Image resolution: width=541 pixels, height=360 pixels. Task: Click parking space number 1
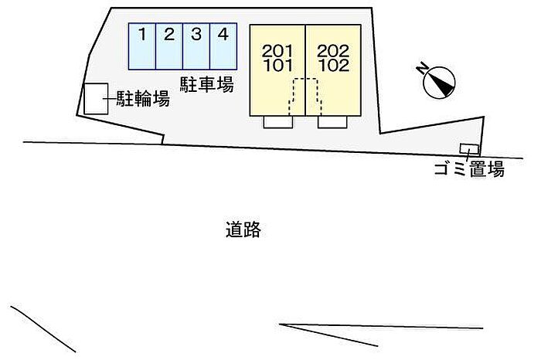141,46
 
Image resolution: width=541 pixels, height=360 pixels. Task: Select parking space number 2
169,46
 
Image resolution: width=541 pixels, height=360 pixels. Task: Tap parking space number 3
196,46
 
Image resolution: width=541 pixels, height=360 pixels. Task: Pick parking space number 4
223,46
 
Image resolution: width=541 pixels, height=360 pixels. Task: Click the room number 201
277,52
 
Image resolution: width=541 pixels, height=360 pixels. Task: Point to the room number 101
278,66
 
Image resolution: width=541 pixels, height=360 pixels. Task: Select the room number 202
333,52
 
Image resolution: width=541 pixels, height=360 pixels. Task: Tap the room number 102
334,66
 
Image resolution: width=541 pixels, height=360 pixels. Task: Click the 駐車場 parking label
206,84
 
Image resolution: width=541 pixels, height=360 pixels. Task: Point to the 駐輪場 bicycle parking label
143,99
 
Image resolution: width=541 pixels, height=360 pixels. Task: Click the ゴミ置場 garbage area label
469,169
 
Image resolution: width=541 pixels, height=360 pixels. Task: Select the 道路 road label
243,229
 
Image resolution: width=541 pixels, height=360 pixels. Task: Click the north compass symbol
439,83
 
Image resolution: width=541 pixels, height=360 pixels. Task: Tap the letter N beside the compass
422,69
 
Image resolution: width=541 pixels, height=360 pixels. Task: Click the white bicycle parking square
97,99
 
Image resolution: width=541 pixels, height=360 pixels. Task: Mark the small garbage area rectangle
469,149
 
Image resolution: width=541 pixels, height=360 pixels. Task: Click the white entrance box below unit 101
278,122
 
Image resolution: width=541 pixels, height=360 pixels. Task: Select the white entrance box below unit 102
332,122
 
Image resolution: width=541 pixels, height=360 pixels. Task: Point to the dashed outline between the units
305,79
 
